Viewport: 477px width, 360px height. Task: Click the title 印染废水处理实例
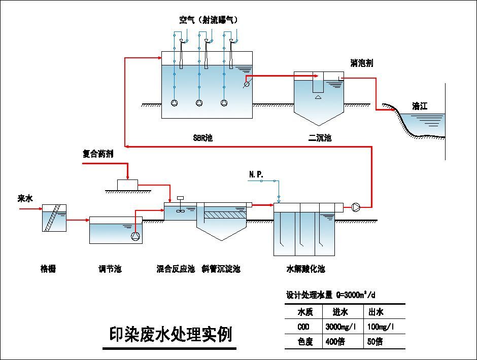point(169,335)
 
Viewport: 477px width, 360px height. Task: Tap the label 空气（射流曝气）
point(208,20)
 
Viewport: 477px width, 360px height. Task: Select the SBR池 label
point(202,137)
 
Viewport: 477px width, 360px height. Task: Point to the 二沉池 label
point(319,137)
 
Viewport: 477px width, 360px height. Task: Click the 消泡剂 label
point(361,63)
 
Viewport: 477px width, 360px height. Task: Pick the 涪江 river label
point(420,106)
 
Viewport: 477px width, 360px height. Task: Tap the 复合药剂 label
point(98,154)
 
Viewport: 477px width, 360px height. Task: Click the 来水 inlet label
point(25,199)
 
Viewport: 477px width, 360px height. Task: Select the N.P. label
point(256,174)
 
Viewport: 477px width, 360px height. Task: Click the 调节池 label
point(110,269)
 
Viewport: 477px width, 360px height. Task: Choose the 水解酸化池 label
point(305,269)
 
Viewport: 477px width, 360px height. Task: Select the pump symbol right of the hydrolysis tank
point(355,206)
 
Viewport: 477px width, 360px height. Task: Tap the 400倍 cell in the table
point(335,342)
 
